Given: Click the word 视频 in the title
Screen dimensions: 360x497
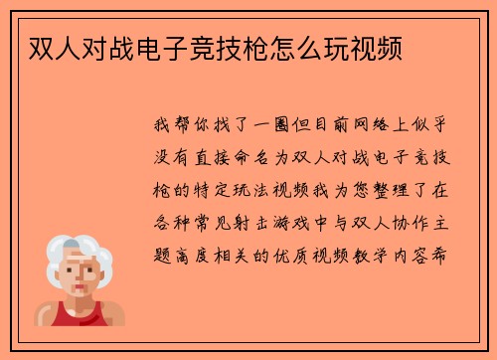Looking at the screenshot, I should pyautogui.click(x=378, y=46).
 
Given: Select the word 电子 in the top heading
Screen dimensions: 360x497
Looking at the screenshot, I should pyautogui.click(x=163, y=46).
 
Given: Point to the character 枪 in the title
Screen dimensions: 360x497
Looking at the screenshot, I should pyautogui.click(x=258, y=46).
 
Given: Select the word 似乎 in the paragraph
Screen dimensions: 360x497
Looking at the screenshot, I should pyautogui.click(x=442, y=127).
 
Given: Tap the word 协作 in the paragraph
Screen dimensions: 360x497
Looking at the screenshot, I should pyautogui.click(x=402, y=220).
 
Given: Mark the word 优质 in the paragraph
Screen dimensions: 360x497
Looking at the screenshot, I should pyautogui.click(x=298, y=251).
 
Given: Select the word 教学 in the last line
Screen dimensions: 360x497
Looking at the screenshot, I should pyautogui.click(x=381, y=251).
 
